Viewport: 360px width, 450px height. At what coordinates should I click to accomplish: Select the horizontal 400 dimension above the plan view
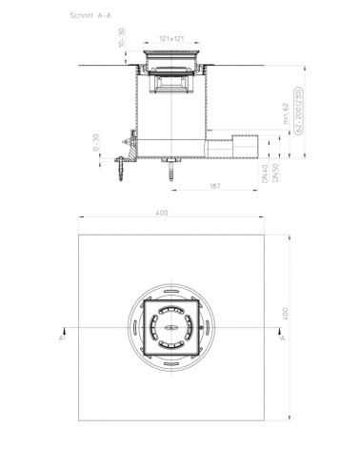click(173, 214)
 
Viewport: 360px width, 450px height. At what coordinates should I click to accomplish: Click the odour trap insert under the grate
click(172, 87)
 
